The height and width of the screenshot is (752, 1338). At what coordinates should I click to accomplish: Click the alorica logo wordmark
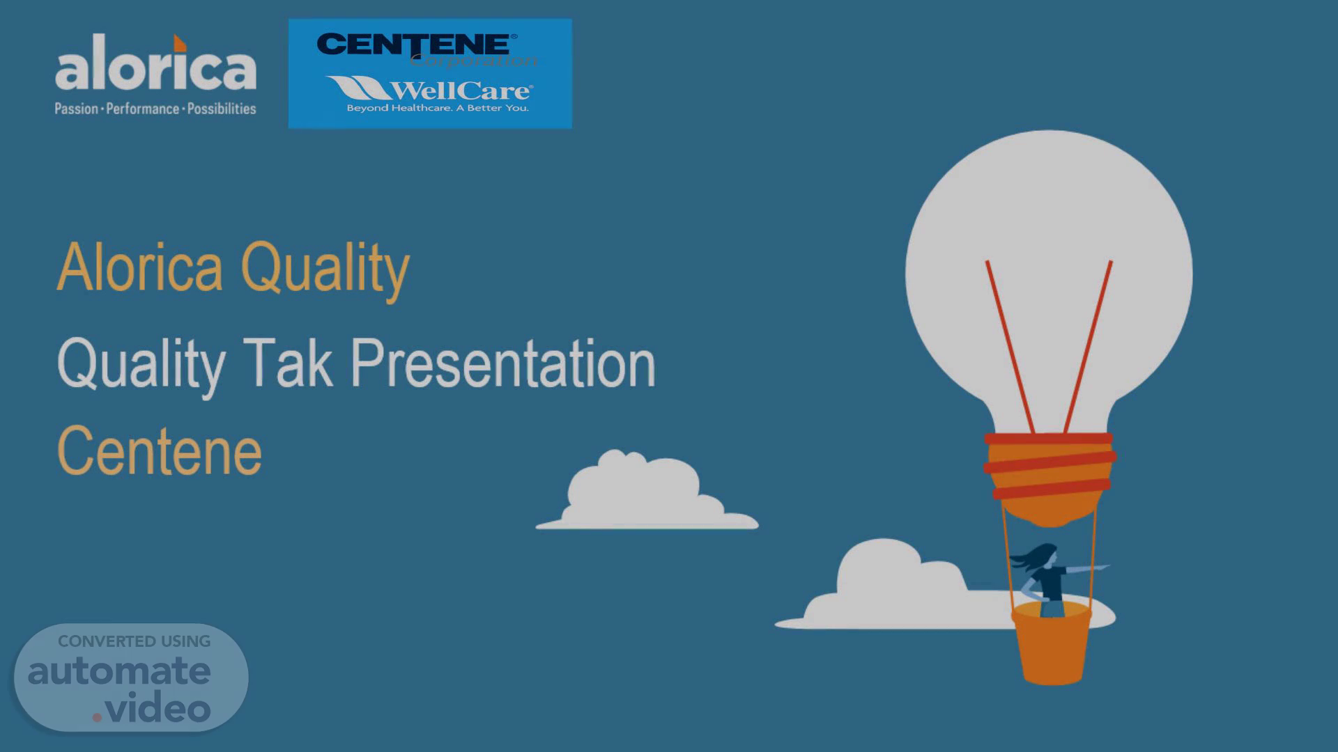click(155, 64)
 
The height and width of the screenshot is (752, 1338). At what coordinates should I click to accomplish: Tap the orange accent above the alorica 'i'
click(180, 42)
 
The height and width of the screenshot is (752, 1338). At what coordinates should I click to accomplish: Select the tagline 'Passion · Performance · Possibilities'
click(155, 109)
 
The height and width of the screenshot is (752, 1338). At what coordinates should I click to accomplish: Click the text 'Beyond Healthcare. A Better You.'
click(438, 108)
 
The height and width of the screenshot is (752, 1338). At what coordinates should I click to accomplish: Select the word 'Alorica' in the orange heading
click(140, 267)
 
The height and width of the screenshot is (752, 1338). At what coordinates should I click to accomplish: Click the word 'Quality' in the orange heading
click(325, 270)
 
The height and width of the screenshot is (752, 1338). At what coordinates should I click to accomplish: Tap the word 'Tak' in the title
click(288, 362)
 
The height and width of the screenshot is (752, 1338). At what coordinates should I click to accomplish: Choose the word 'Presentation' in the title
click(502, 363)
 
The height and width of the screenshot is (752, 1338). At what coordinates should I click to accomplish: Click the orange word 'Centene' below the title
click(160, 451)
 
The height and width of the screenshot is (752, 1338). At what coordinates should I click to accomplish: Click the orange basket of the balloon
click(1052, 644)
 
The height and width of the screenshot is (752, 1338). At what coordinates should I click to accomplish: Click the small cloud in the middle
click(647, 490)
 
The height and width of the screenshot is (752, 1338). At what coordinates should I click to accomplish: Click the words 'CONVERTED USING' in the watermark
click(134, 641)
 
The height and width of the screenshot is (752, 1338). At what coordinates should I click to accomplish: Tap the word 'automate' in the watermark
click(119, 671)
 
